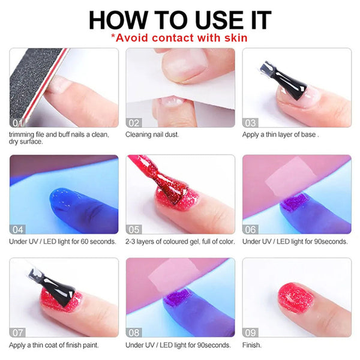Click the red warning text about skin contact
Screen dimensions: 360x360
point(180,38)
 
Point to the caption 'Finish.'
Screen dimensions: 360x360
point(253,345)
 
